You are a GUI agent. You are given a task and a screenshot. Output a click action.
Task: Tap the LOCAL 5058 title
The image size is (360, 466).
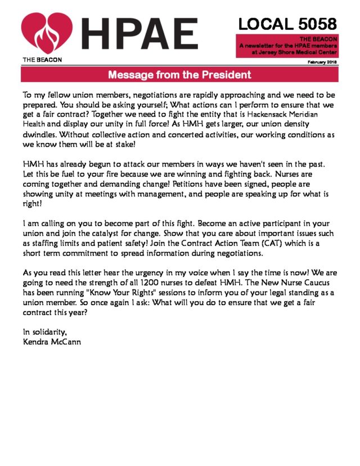coord(287,24)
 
